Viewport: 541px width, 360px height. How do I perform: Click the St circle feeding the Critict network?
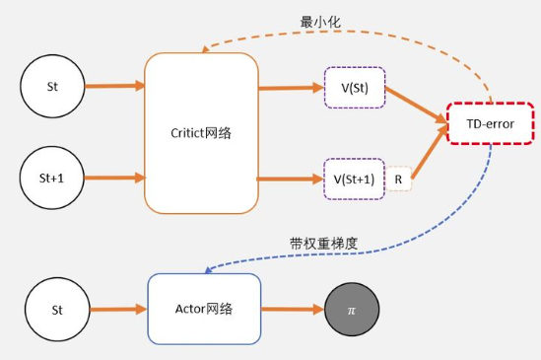[52, 86]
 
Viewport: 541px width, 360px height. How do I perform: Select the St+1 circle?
[52, 179]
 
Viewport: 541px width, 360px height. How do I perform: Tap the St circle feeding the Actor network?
[56, 308]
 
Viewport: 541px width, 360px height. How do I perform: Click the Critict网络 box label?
[201, 133]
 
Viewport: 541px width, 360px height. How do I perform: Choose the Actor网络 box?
[204, 308]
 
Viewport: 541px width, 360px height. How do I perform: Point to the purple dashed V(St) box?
[355, 87]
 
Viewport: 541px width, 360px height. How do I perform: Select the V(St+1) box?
[355, 179]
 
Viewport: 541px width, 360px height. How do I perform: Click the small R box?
[399, 179]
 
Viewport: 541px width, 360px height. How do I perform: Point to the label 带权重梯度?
[318, 243]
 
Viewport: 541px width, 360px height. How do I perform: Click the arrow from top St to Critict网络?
[114, 86]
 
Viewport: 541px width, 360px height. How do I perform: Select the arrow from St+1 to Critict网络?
[114, 179]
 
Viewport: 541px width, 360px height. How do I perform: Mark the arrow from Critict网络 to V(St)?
[291, 87]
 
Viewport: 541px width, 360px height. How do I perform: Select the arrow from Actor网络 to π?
[293, 310]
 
